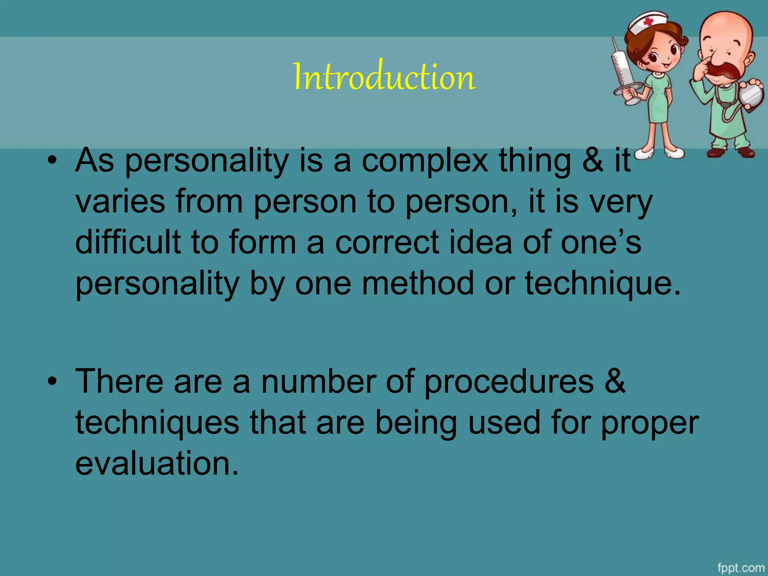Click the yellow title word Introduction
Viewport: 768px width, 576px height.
[x=384, y=77]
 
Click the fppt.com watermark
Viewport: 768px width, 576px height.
[x=741, y=567]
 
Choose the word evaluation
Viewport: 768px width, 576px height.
[x=157, y=463]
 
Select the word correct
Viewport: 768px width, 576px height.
[x=387, y=242]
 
